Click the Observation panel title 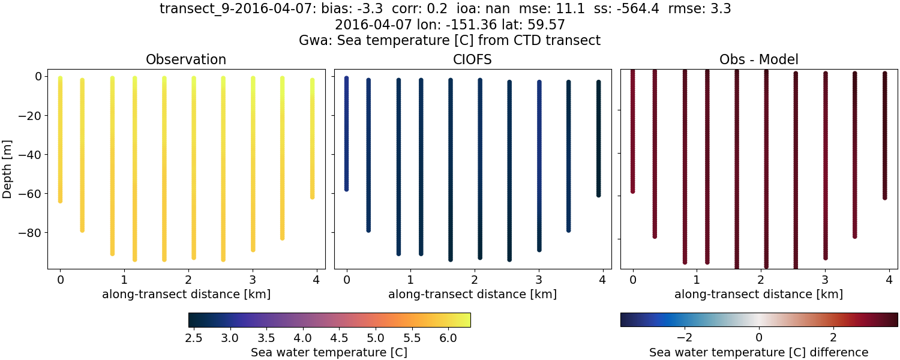pos(186,60)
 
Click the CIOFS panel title pos(472,60)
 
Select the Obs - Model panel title pos(758,60)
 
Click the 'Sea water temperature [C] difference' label pos(758,352)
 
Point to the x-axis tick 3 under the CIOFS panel pos(539,280)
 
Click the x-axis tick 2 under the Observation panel pos(188,280)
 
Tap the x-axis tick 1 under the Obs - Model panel pos(696,280)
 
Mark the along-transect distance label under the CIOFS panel pos(472,295)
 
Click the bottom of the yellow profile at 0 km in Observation pos(60,200)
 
